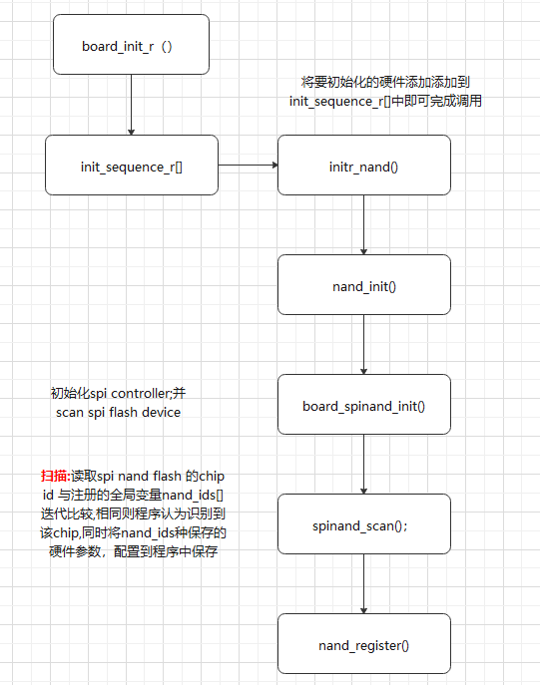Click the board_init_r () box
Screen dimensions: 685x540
(131, 45)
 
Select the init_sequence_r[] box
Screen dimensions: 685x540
(131, 165)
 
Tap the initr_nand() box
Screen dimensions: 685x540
(363, 165)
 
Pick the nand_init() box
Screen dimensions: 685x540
(363, 285)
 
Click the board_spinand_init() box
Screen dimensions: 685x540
(363, 405)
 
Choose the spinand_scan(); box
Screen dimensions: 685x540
(363, 524)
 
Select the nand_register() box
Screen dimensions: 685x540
(363, 644)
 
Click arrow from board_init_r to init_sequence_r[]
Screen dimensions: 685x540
(131, 105)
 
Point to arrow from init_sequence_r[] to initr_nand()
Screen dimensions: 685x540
(248, 165)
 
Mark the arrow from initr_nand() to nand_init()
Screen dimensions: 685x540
(363, 224)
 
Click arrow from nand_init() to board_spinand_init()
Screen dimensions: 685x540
(363, 344)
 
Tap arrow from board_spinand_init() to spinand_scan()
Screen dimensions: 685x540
(363, 464)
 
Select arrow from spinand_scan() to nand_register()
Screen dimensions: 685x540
(363, 583)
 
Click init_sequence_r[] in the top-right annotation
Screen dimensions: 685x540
(333, 101)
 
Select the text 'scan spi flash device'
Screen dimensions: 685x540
(118, 412)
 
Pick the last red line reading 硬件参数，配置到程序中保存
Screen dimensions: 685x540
(133, 549)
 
